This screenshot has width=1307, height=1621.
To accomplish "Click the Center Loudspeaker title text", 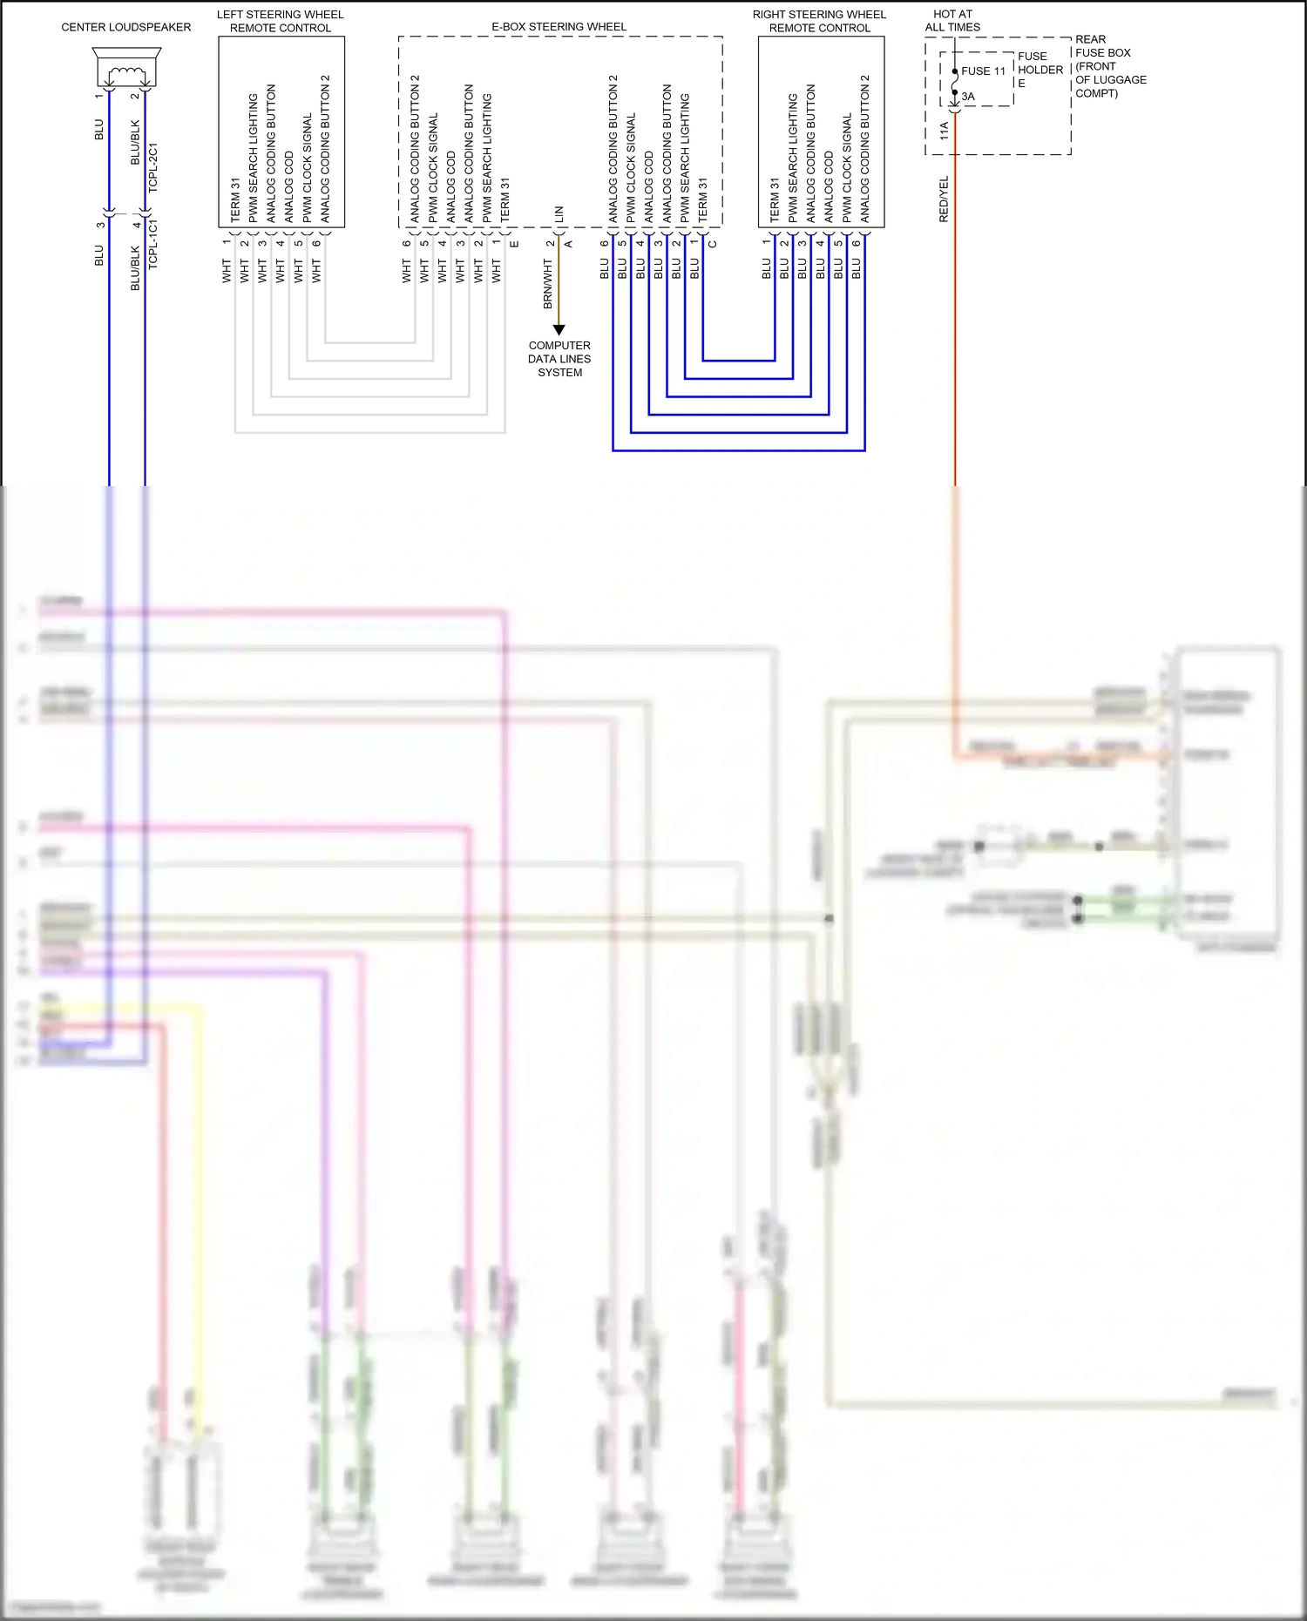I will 125,27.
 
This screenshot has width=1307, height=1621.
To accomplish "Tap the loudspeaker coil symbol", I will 126,73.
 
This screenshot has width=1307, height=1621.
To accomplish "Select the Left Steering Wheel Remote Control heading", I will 281,21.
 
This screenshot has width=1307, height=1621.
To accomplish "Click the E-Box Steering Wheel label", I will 559,27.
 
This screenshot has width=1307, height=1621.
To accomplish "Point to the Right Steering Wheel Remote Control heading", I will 819,21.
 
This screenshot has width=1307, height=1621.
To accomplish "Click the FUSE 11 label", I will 983,71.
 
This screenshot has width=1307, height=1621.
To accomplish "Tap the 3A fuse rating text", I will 968,97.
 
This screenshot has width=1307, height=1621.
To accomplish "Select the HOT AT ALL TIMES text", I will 952,21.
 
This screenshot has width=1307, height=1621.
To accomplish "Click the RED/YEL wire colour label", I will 944,199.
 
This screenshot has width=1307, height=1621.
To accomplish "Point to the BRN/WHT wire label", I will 548,284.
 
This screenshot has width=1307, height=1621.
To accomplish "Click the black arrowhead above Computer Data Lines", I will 559,330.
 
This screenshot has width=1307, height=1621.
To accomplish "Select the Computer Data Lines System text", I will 559,359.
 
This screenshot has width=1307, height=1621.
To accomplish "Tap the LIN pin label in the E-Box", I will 559,213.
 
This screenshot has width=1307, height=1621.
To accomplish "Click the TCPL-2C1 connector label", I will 153,167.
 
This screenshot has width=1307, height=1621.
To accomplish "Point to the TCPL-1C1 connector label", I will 153,244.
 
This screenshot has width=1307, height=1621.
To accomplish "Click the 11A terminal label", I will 945,132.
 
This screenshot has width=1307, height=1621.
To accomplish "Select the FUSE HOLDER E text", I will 1040,70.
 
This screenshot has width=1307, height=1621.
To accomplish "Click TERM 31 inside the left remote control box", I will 235,200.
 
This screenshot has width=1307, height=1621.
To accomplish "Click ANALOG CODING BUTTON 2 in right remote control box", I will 865,148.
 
